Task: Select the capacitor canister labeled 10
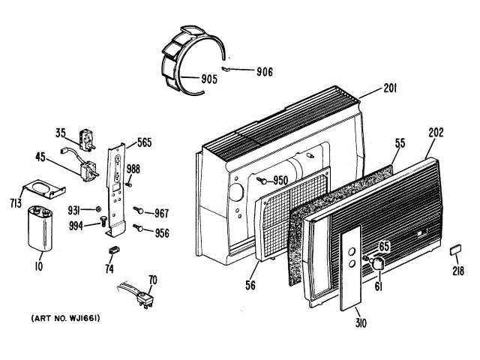coord(40,229)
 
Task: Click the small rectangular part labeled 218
coord(455,250)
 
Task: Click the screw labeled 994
coord(102,221)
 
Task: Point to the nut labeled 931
coord(99,208)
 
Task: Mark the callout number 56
coord(250,284)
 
